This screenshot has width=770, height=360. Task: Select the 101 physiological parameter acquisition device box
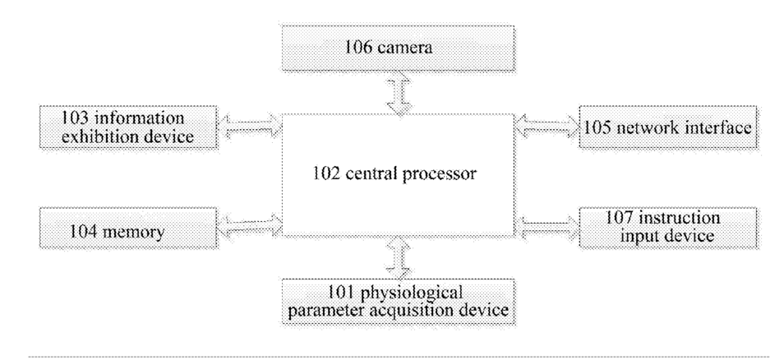(x=396, y=301)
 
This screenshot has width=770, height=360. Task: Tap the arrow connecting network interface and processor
(x=546, y=125)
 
